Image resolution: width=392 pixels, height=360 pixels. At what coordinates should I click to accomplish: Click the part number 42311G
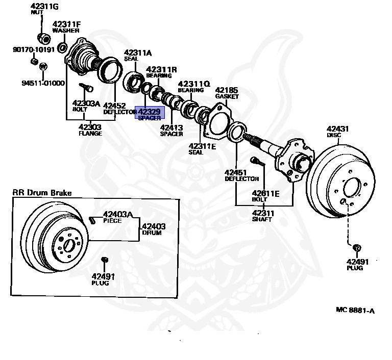pyautogui.click(x=44, y=7)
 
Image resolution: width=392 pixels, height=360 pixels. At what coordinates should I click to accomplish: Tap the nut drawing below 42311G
pyautogui.click(x=44, y=39)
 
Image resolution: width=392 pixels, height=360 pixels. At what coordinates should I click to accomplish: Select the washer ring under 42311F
pyautogui.click(x=62, y=48)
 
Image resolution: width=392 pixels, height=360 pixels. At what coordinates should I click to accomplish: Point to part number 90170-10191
pyautogui.click(x=34, y=49)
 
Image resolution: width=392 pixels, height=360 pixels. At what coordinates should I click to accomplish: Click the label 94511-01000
pyautogui.click(x=43, y=83)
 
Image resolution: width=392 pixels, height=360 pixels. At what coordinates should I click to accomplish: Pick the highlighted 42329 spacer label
pyautogui.click(x=150, y=113)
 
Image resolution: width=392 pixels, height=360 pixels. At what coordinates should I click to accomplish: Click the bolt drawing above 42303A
pyautogui.click(x=86, y=87)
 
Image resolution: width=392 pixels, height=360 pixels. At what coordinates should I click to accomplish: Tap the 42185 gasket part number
pyautogui.click(x=227, y=90)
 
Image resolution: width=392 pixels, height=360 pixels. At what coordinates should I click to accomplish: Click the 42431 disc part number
pyautogui.click(x=337, y=129)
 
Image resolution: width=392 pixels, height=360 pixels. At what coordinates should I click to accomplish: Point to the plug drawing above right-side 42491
pyautogui.click(x=357, y=248)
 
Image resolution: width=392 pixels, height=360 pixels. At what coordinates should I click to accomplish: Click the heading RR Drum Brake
pyautogui.click(x=42, y=193)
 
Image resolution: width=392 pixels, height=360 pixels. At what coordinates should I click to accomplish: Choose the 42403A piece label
pyautogui.click(x=118, y=214)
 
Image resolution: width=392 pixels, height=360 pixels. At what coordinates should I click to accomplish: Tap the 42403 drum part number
pyautogui.click(x=154, y=226)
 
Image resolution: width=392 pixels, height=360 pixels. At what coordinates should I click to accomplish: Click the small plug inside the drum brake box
pyautogui.click(x=105, y=260)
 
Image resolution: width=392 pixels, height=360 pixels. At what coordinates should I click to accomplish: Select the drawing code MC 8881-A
pyautogui.click(x=355, y=310)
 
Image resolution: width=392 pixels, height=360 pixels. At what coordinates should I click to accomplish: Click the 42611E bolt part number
pyautogui.click(x=265, y=193)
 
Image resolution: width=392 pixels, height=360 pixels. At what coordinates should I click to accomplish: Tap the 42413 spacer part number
pyautogui.click(x=171, y=127)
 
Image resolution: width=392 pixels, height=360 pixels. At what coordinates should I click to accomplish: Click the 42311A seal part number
pyautogui.click(x=138, y=53)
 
